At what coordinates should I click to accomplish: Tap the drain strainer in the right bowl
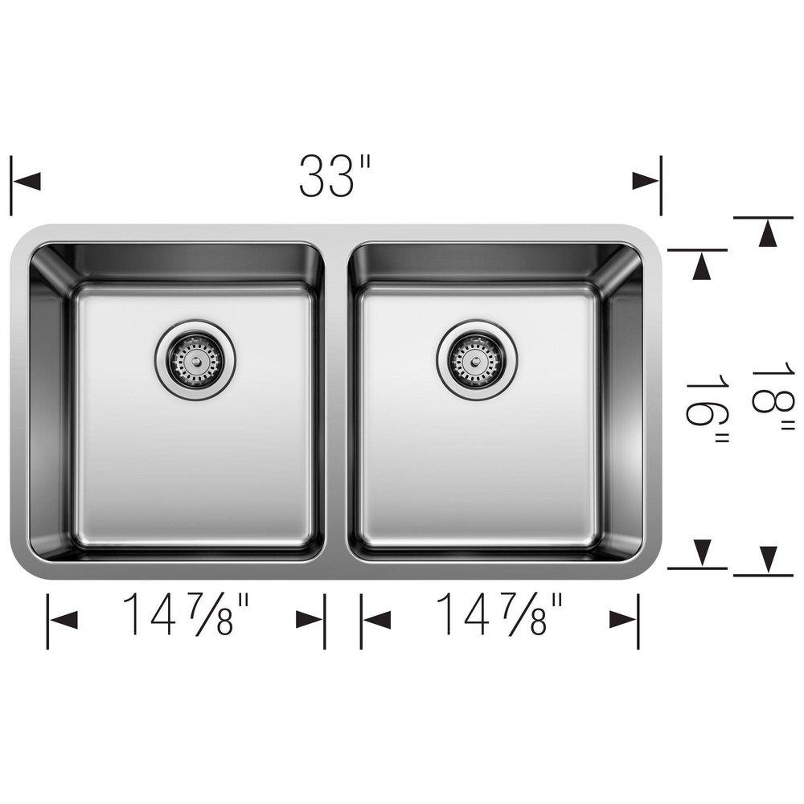point(477,359)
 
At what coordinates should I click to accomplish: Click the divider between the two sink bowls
point(336,402)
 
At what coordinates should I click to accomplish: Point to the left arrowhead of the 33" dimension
point(27,181)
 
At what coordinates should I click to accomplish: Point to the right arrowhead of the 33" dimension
point(645,181)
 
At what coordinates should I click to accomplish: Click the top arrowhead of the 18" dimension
point(768,234)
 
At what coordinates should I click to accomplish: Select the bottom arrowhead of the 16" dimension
point(703,552)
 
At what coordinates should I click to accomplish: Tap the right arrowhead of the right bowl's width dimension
point(622,619)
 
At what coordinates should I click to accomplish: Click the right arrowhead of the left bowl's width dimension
point(310,619)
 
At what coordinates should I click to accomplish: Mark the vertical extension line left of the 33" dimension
point(11,185)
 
